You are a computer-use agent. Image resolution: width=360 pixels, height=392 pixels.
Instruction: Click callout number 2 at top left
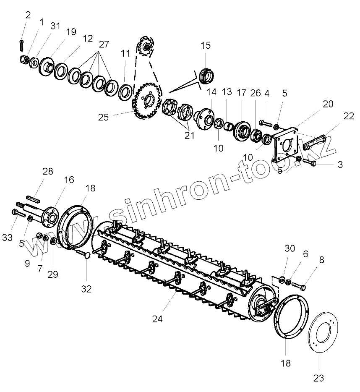[28, 16]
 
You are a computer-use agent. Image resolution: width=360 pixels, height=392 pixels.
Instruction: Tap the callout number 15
[206, 46]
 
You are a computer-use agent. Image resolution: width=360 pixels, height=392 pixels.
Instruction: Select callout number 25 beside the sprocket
[104, 117]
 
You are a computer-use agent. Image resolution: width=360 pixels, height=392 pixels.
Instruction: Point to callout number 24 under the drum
[157, 319]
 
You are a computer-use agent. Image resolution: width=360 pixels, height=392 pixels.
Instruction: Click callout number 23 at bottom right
[319, 378]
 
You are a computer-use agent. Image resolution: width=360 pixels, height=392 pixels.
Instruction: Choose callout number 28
[48, 171]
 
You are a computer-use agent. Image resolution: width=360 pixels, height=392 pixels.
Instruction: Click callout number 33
[7, 238]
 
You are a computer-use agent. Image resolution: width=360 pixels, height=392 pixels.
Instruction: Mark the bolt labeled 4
[266, 123]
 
